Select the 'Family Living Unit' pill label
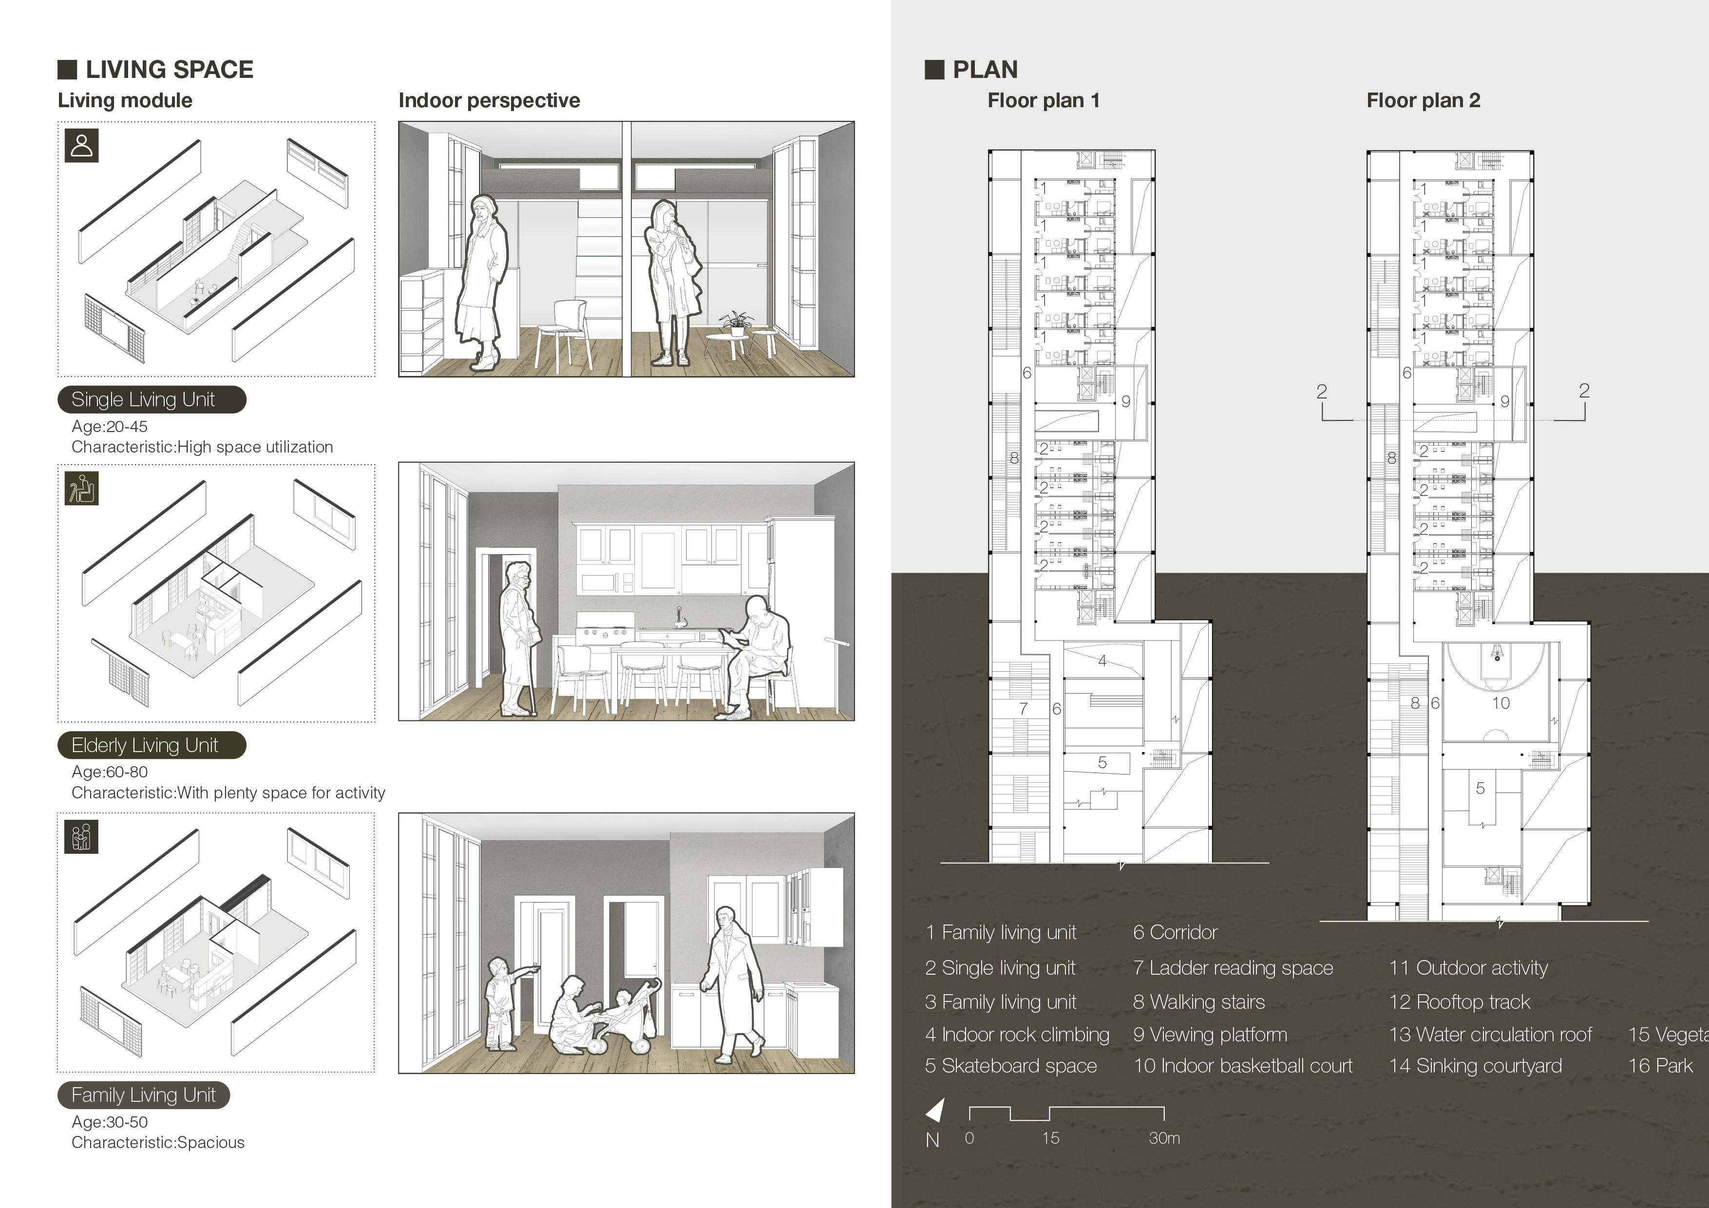coord(144,1095)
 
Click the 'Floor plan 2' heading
coord(1423,100)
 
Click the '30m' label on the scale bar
coord(1163,1138)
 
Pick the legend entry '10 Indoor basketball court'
coord(1242,1066)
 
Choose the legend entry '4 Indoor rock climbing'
coord(1017,1035)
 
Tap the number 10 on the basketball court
coord(1500,702)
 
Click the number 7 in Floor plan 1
coord(1024,709)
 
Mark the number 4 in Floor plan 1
coord(1102,660)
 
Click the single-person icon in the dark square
coord(82,145)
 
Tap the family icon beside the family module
coord(81,837)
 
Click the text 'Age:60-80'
coord(110,772)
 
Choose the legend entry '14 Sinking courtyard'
coord(1475,1066)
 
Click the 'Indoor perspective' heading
coord(489,100)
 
